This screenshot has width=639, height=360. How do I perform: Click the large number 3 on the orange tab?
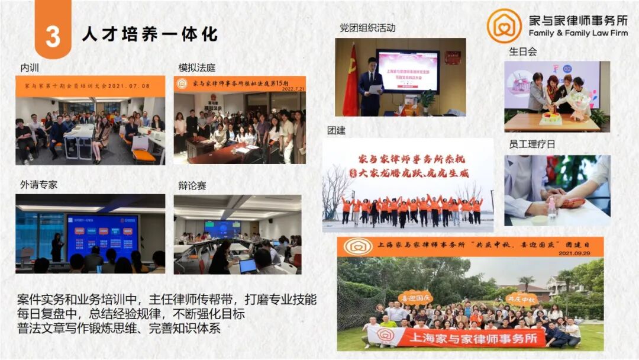(53, 36)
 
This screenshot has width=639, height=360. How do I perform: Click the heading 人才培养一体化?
(150, 34)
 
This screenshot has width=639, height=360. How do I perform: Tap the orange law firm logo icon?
(504, 25)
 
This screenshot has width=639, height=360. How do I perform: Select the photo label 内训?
(30, 67)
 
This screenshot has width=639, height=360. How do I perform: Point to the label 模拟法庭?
(196, 67)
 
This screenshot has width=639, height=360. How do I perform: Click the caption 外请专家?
(38, 185)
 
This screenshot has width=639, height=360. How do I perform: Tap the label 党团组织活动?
(367, 27)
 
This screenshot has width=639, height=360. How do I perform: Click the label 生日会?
(522, 52)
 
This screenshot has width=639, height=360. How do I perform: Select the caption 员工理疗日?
(532, 144)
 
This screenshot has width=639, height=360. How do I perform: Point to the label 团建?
(336, 130)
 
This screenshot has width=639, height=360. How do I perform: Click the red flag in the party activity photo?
(351, 83)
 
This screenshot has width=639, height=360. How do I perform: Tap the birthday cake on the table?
(551, 117)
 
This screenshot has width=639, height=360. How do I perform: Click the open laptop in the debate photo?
(247, 265)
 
